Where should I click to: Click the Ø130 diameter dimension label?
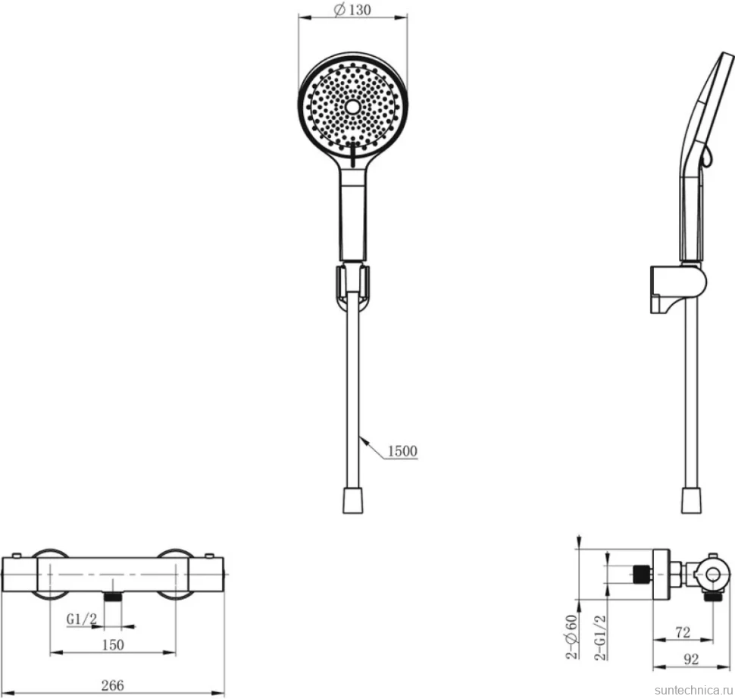click(x=352, y=9)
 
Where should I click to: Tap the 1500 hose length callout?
click(x=402, y=451)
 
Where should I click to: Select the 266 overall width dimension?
click(x=112, y=685)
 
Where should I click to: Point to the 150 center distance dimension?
click(x=113, y=645)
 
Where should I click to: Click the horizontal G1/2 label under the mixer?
click(x=82, y=619)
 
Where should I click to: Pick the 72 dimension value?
click(x=683, y=633)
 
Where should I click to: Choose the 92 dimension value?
click(x=691, y=660)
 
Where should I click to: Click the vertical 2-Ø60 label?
click(x=571, y=637)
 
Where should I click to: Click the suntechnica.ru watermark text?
click(x=693, y=690)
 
